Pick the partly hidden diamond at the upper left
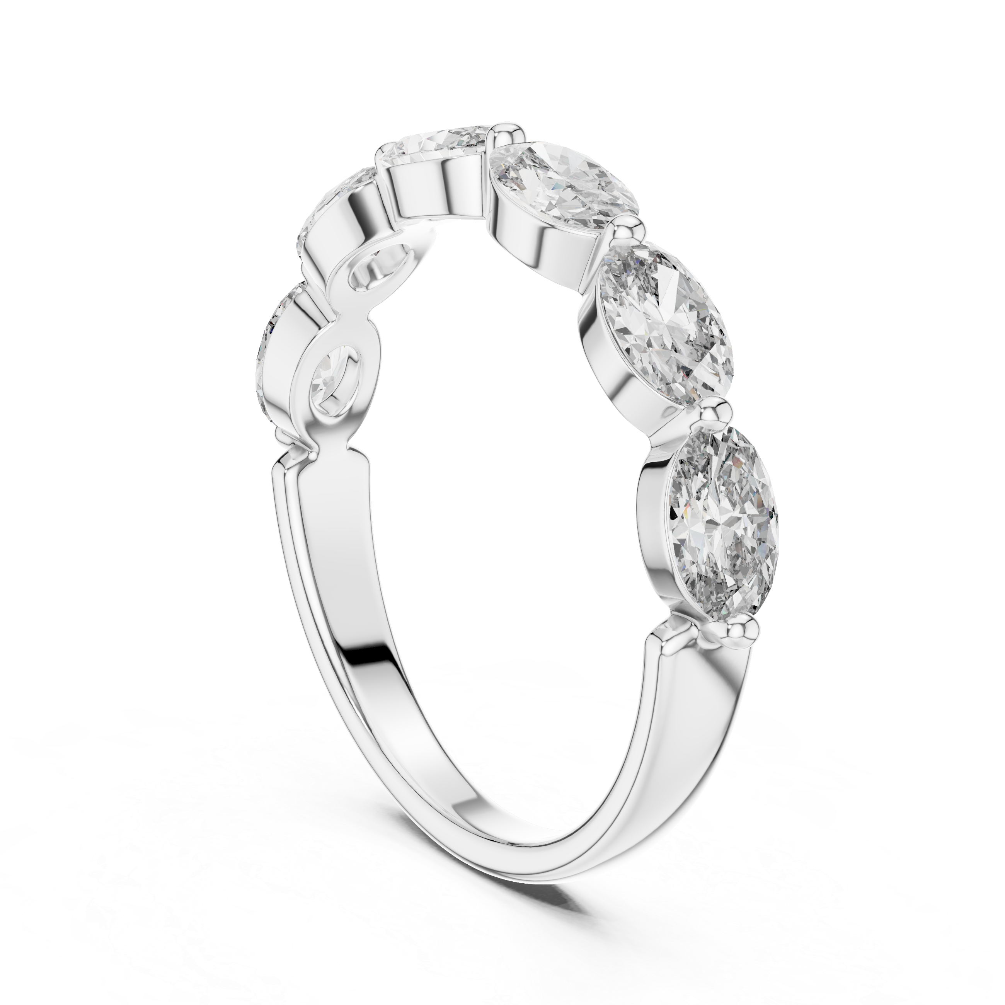(333, 208)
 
